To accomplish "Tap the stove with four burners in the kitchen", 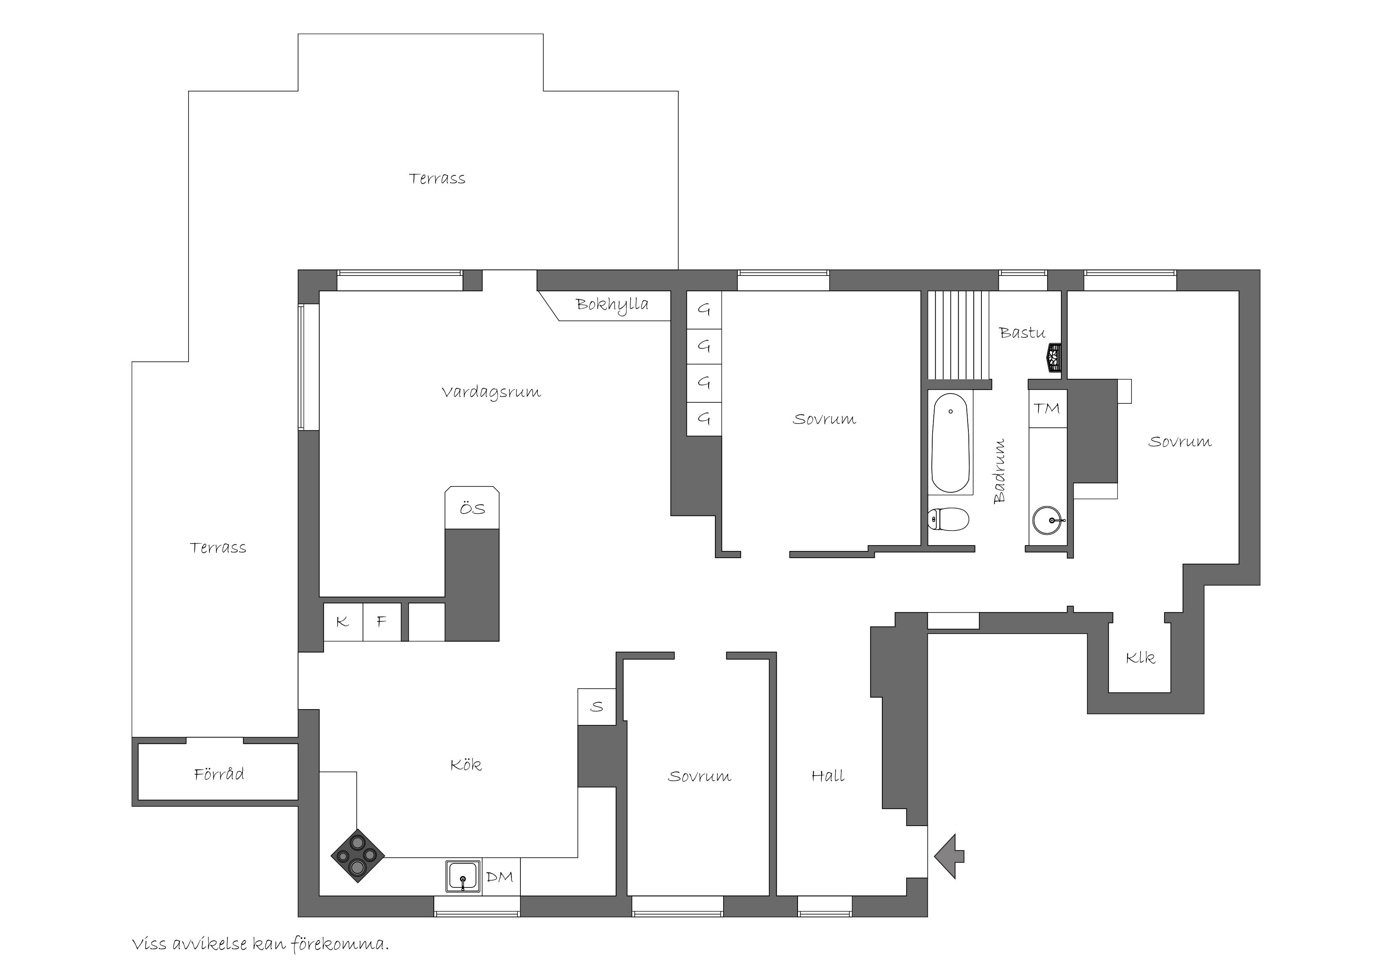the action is pyautogui.click(x=357, y=856).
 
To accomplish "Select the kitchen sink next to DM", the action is pyautogui.click(x=463, y=876).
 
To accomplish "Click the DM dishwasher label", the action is pyautogui.click(x=500, y=877).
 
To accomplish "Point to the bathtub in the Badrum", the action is pyautogui.click(x=950, y=443).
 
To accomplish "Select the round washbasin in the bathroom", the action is pyautogui.click(x=1048, y=519).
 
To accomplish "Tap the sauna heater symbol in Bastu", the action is pyautogui.click(x=1054, y=358).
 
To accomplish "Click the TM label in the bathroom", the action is pyautogui.click(x=1047, y=409).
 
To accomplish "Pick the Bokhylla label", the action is pyautogui.click(x=612, y=304).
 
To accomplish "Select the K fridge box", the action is pyautogui.click(x=343, y=622).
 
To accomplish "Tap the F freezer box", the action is pyautogui.click(x=382, y=622).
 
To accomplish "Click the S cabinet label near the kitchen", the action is pyautogui.click(x=597, y=706).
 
